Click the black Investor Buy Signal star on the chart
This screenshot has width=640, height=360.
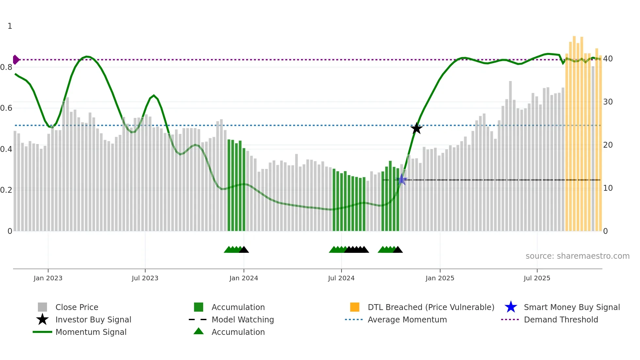[416, 128]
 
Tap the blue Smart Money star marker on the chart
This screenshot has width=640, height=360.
[402, 180]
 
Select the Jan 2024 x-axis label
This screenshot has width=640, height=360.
[244, 278]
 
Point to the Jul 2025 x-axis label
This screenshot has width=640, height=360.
[537, 278]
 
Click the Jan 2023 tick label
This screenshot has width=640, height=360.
[48, 278]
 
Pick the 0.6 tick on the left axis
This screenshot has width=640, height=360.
[6, 108]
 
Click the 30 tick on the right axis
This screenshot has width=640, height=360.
[608, 102]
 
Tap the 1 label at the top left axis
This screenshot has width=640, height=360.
[10, 26]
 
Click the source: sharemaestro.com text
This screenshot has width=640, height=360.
[577, 256]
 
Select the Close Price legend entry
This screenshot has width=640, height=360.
[77, 307]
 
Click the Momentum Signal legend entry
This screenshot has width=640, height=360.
[91, 332]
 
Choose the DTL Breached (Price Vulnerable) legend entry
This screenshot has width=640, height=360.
[431, 307]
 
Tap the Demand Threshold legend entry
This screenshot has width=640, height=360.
[561, 319]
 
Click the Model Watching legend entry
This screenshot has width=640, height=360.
[243, 319]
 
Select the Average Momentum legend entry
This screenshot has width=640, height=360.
[407, 319]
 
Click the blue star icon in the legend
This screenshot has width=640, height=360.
[511, 307]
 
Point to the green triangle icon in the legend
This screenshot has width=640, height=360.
[199, 331]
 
